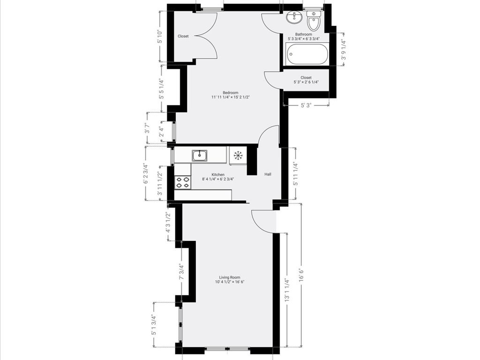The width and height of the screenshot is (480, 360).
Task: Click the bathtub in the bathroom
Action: pos(307,55)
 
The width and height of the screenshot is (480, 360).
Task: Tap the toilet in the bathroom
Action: pos(313,22)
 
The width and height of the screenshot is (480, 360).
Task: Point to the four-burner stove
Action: pos(183,182)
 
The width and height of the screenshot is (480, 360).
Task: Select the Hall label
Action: pos(268,174)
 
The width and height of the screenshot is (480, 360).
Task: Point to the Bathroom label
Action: pos(303,34)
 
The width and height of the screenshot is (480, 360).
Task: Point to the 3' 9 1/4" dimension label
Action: pos(343,50)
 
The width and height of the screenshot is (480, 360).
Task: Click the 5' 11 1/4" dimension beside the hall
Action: pos(294,173)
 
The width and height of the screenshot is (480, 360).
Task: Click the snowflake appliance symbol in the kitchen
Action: pos(238,155)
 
